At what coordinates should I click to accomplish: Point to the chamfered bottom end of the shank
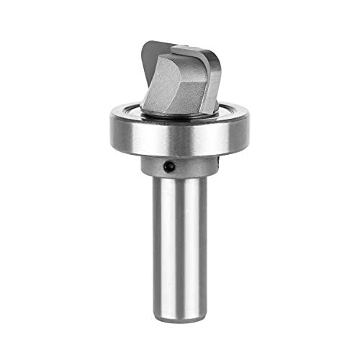180,311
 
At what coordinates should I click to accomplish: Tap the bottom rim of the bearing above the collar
180,153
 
